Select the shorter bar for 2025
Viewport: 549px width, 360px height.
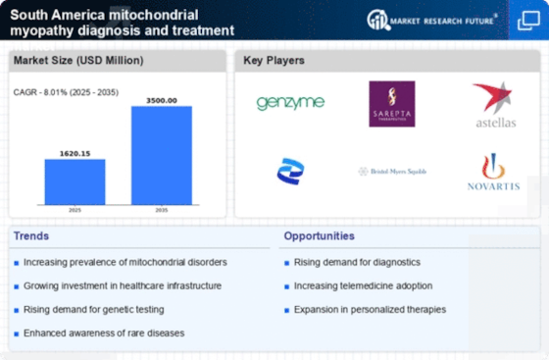tap(75, 180)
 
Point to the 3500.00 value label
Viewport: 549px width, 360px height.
tap(162, 99)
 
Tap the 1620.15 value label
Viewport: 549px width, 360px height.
tap(75, 152)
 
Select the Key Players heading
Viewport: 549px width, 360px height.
tap(274, 60)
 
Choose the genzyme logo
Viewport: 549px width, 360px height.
tap(290, 103)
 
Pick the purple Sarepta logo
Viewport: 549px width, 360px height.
tap(391, 103)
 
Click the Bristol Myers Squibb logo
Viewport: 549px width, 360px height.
tap(391, 171)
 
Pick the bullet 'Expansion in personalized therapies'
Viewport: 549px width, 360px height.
tap(369, 309)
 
